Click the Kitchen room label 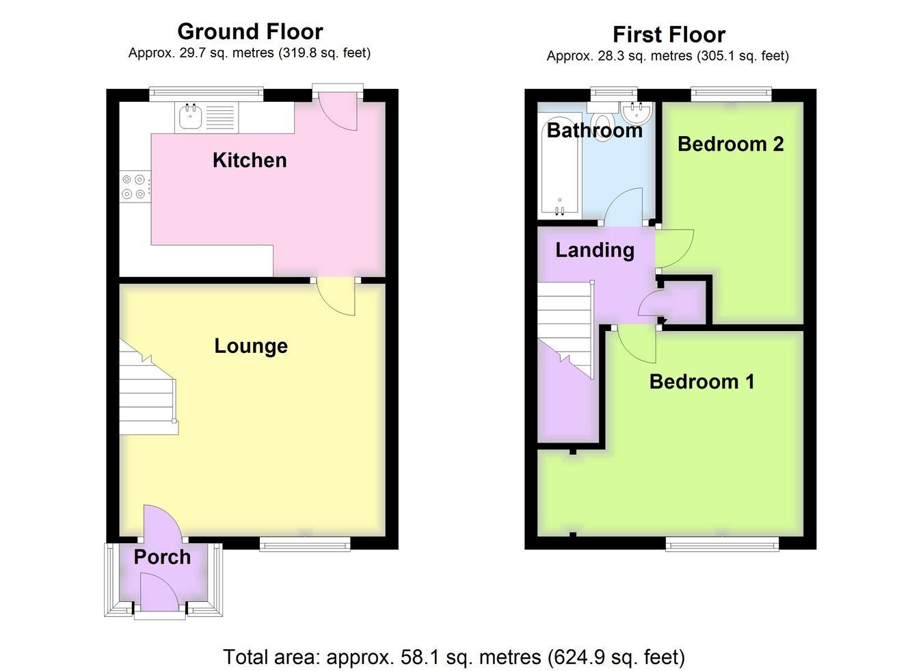pyautogui.click(x=250, y=160)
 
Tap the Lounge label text pyautogui.click(x=251, y=346)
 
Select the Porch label pyautogui.click(x=162, y=557)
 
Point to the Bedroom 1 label pyautogui.click(x=701, y=382)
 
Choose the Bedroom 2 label pyautogui.click(x=731, y=144)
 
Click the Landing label pyautogui.click(x=595, y=250)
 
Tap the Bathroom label pyautogui.click(x=595, y=131)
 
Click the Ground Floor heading pyautogui.click(x=250, y=31)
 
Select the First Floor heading pyautogui.click(x=669, y=34)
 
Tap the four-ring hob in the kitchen pyautogui.click(x=134, y=187)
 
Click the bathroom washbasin pyautogui.click(x=637, y=111)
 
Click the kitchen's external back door pyautogui.click(x=338, y=110)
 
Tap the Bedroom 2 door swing pyautogui.click(x=675, y=249)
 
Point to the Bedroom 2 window pyautogui.click(x=731, y=93)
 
